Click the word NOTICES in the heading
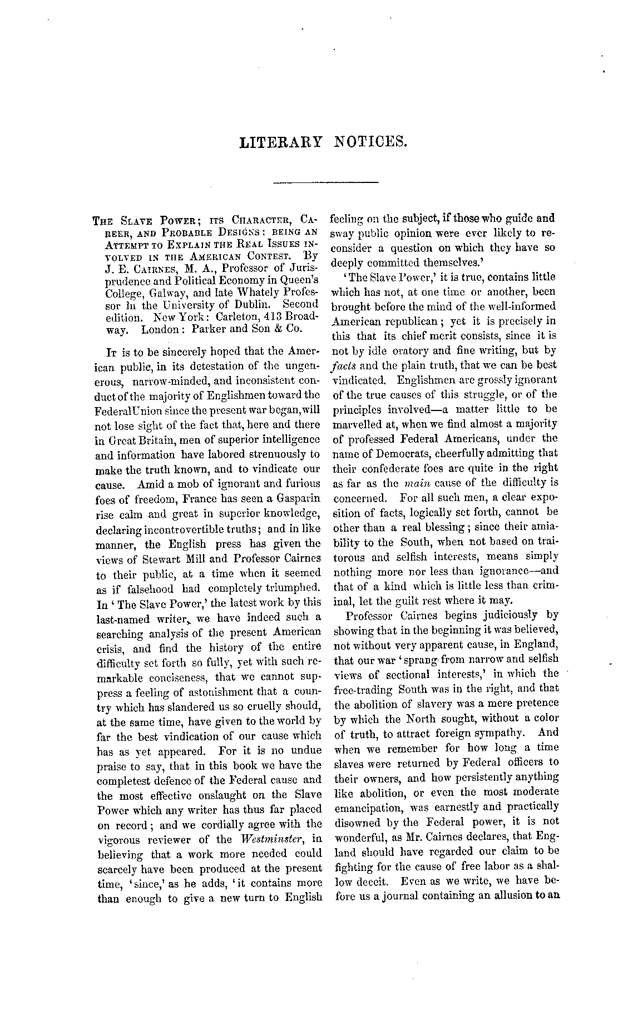[x=371, y=143]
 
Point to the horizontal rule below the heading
[x=326, y=182]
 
